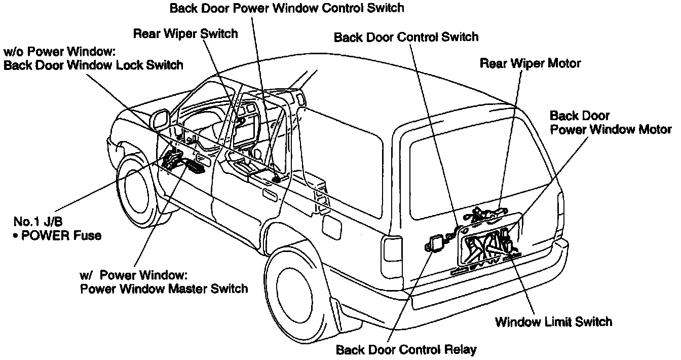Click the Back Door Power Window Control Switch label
click(287, 8)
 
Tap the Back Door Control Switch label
click(406, 37)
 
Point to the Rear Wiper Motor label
click(530, 63)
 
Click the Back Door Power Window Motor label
click(610, 123)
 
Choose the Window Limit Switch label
click(553, 321)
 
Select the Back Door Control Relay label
click(406, 350)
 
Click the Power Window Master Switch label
click(164, 289)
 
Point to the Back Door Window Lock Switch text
click(93, 65)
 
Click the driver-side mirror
click(161, 119)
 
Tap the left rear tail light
click(393, 256)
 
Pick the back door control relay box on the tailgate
click(435, 244)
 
